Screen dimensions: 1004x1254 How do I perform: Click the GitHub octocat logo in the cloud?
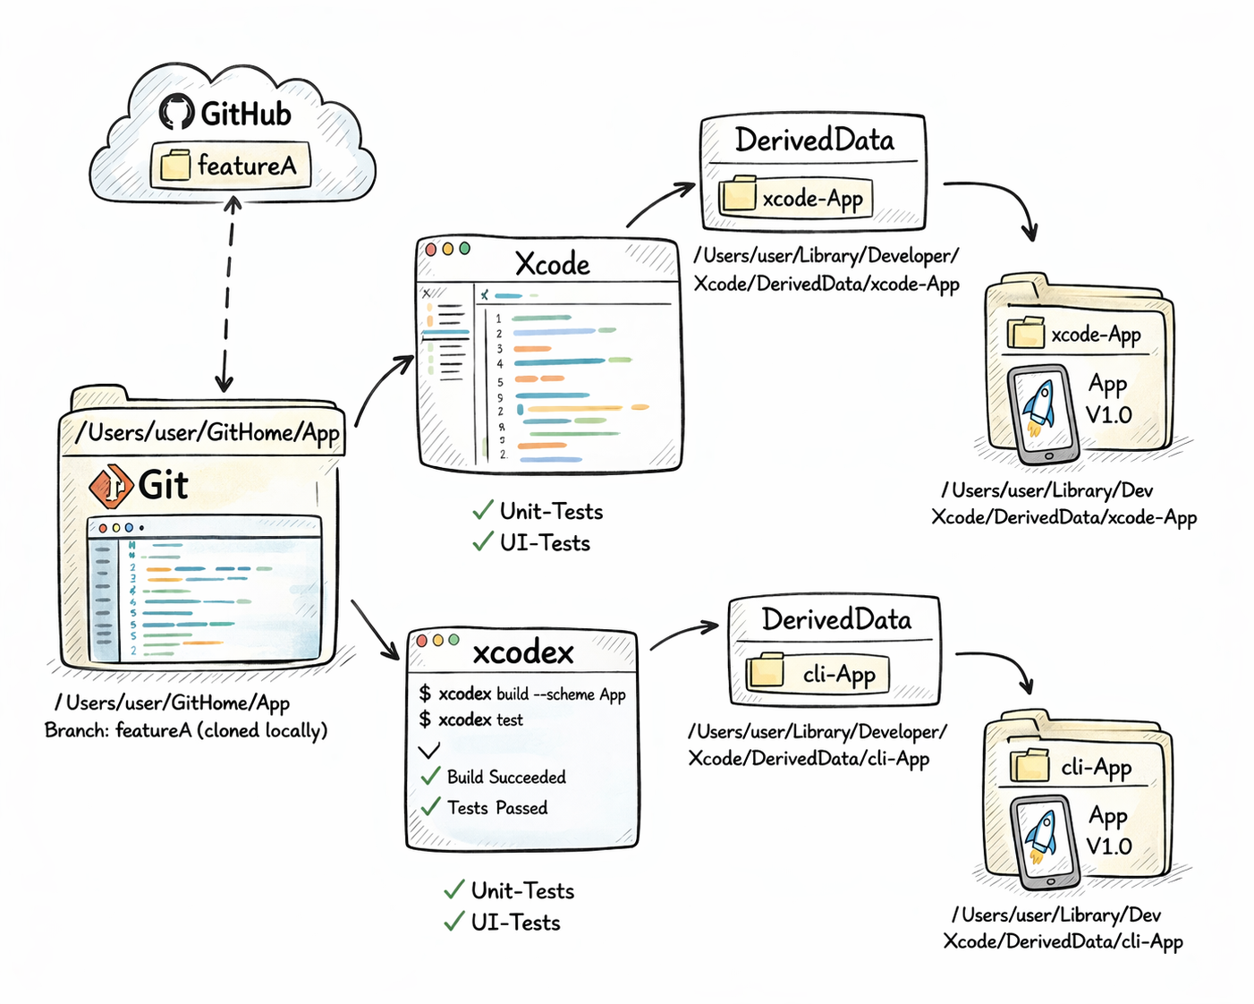177,113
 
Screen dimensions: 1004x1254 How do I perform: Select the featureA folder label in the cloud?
231,166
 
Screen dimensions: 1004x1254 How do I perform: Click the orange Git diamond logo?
111,486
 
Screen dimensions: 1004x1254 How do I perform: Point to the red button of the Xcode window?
431,250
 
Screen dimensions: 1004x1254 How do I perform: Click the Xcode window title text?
552,264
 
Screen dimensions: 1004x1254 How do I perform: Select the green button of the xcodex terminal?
453,640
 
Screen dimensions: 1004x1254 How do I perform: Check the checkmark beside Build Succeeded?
431,776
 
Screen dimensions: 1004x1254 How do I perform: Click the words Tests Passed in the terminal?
497,808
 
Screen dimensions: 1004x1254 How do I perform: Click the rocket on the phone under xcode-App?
1040,406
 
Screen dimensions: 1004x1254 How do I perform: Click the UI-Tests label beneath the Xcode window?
545,543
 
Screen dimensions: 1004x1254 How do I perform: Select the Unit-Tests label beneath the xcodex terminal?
522,891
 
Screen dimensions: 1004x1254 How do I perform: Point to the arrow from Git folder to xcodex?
376,630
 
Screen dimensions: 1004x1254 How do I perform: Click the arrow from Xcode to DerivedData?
659,203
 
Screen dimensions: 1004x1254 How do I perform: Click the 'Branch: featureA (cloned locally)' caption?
186,730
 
